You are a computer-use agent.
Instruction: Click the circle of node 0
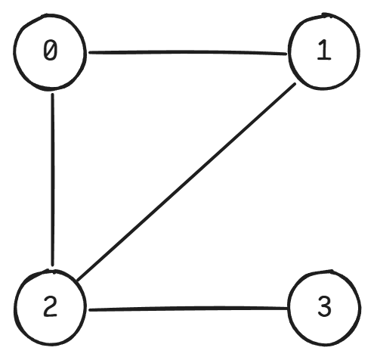[x=14, y=51]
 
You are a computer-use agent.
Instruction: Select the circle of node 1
[x=289, y=51]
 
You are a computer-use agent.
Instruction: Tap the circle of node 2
[x=16, y=308]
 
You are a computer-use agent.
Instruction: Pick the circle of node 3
[x=289, y=308]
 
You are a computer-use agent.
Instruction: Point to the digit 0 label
[x=51, y=51]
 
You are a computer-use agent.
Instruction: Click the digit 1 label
[x=324, y=51]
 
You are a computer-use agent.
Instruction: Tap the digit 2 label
[x=51, y=306]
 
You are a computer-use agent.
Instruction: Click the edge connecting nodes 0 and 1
[x=187, y=52]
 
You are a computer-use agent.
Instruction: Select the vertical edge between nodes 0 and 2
[x=53, y=179]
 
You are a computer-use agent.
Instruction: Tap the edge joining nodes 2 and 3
[x=188, y=309]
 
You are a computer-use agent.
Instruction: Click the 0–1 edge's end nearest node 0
[x=89, y=52]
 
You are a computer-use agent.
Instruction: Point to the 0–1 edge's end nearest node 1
[x=286, y=54]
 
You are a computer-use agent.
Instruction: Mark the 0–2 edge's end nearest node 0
[x=52, y=95]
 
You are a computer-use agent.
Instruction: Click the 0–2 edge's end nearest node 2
[x=52, y=265]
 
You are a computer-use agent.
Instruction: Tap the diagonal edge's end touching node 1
[x=295, y=84]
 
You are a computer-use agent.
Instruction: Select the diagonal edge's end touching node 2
[x=77, y=280]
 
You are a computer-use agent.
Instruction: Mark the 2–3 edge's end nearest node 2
[x=90, y=309]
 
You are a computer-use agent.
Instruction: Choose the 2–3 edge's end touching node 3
[x=286, y=308]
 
